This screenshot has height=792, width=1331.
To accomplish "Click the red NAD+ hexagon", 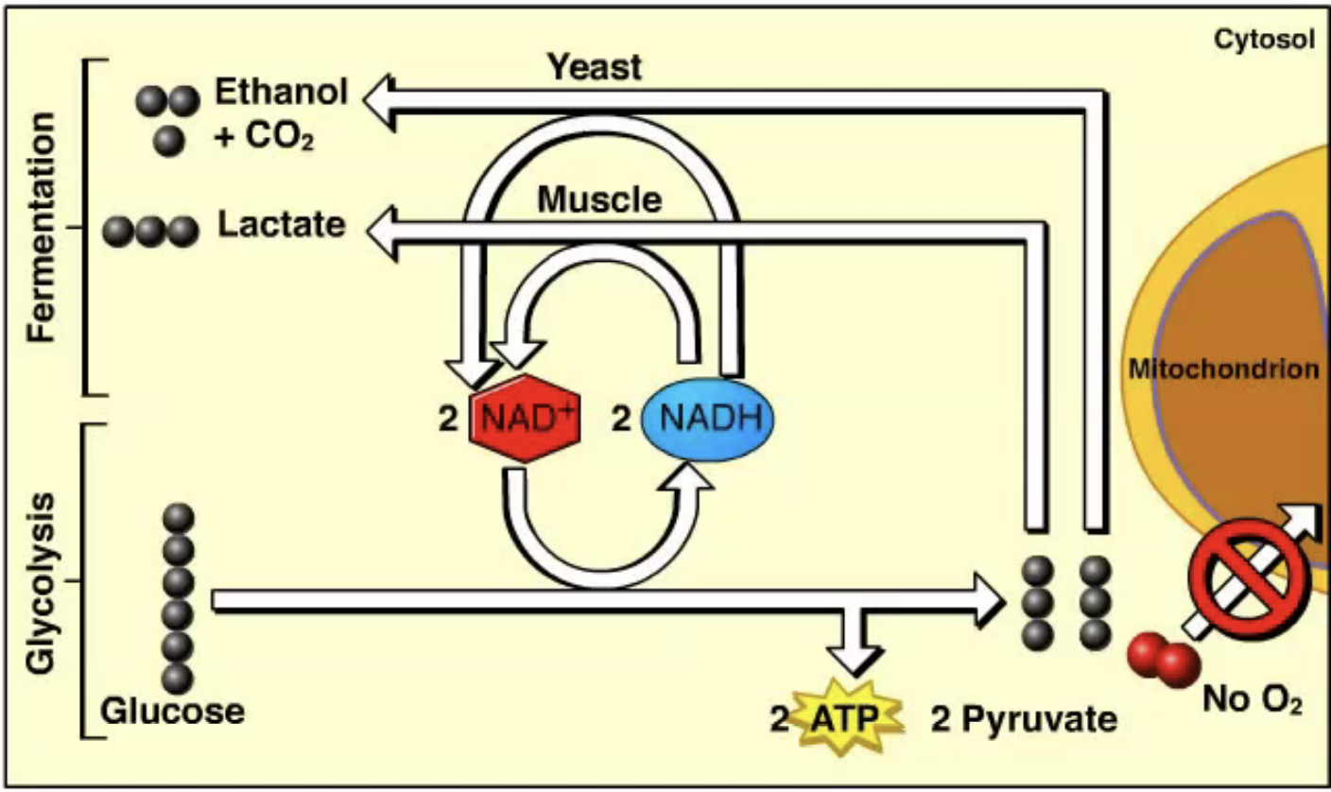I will (x=525, y=418).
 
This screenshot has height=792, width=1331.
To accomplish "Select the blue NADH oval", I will (x=708, y=418).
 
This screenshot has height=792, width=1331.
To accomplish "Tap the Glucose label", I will (x=172, y=711).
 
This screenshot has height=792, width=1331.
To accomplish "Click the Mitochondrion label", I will (x=1223, y=370).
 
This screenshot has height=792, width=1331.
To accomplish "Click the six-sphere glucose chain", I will (x=177, y=597).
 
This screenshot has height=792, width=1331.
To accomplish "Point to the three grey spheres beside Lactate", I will (x=151, y=229).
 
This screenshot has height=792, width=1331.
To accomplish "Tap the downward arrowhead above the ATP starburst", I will (x=853, y=658).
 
